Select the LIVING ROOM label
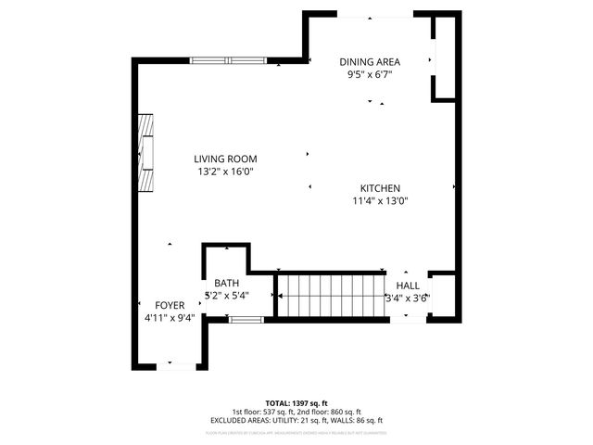pos(225,159)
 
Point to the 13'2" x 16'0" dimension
pos(225,172)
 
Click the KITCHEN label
pos(380,187)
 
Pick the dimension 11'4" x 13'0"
pos(380,200)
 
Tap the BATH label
pos(227,284)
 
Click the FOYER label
pos(170,305)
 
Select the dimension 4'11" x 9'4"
pos(170,318)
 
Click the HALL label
pos(408,286)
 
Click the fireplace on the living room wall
pos(146,152)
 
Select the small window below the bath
pos(246,320)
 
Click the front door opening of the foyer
pos(175,367)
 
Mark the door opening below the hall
pos(408,320)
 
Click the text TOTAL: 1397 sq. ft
pos(296,403)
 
